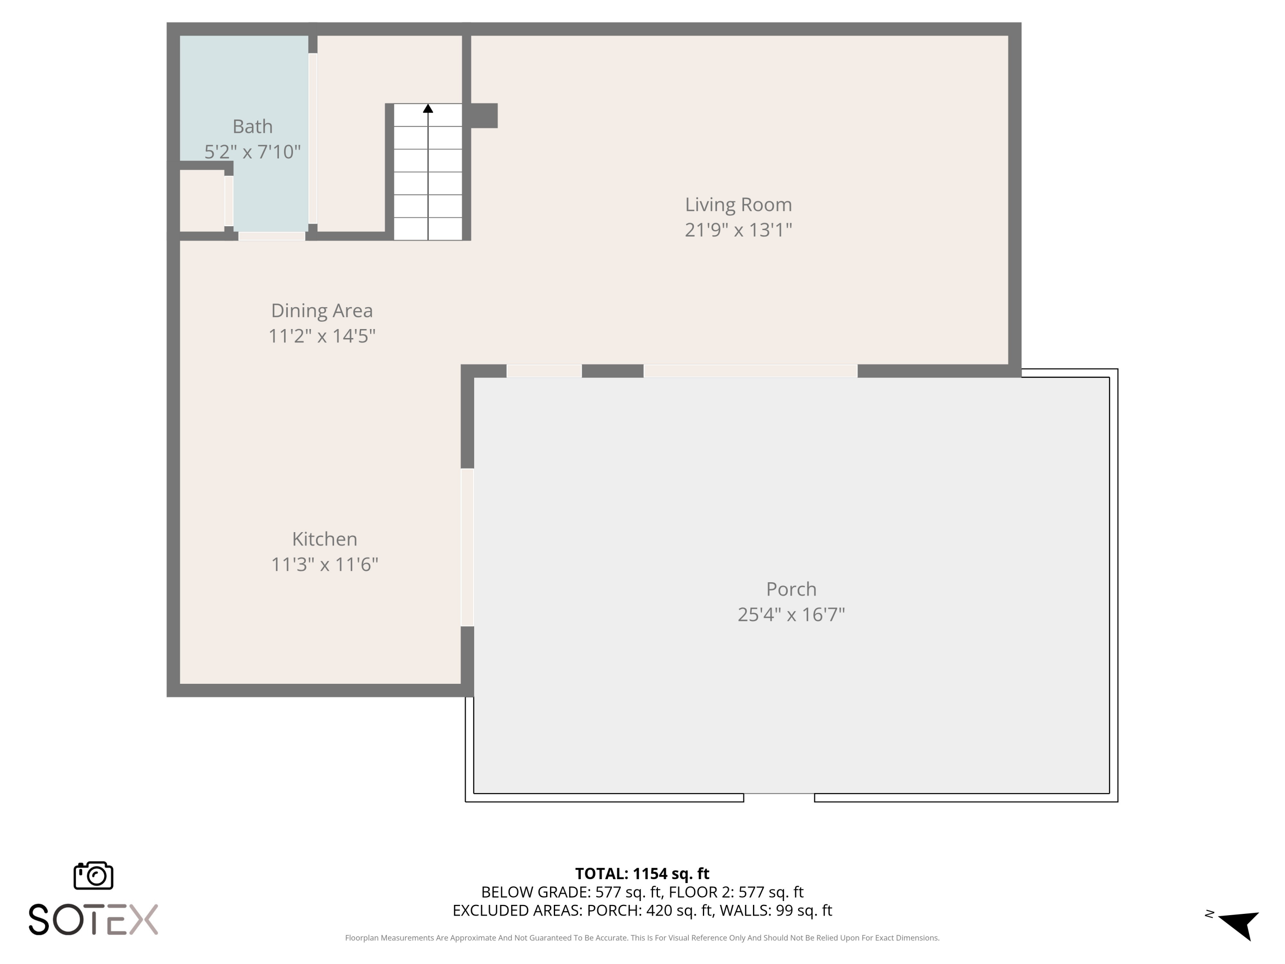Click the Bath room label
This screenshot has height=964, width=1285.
coord(252,126)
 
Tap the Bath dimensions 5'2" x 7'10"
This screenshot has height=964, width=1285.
coord(252,152)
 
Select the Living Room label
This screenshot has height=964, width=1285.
coord(738,204)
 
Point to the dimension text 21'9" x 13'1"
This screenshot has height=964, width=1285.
coord(738,230)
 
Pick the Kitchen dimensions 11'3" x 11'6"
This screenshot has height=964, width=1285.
coord(324,564)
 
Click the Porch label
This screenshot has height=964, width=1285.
coord(791,589)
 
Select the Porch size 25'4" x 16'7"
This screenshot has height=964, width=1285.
coord(791,614)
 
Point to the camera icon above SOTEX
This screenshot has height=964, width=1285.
coord(93,875)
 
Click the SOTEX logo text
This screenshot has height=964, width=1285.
coord(93,920)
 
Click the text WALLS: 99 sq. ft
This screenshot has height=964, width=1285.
coord(776,910)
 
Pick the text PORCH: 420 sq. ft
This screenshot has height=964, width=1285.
coord(649,910)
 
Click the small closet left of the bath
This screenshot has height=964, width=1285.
coord(202,201)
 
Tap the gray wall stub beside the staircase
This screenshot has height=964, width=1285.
coord(483,116)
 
